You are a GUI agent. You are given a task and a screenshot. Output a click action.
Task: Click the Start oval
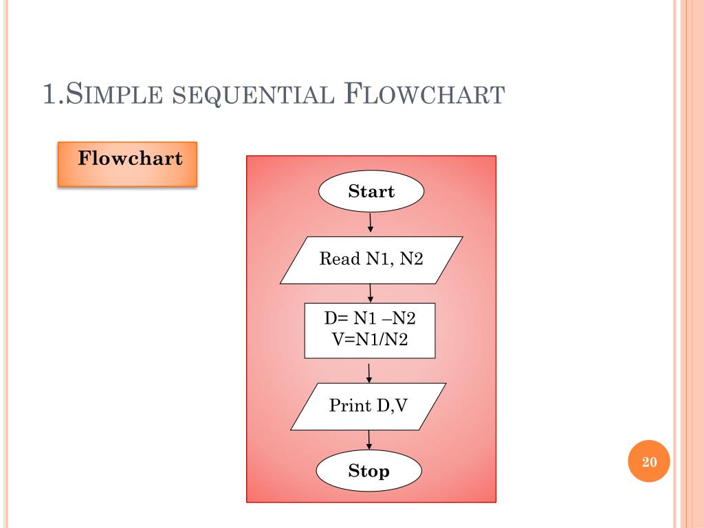click(371, 191)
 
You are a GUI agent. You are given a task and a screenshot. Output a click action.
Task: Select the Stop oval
click(368, 471)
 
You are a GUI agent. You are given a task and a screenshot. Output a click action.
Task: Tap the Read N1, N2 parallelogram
click(371, 259)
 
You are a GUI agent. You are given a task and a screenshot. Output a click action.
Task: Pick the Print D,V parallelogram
click(368, 406)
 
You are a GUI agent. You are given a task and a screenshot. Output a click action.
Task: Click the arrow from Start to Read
click(371, 223)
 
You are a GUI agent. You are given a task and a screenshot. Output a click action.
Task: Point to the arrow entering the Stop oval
click(369, 441)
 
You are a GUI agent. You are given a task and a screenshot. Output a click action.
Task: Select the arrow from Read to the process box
click(371, 293)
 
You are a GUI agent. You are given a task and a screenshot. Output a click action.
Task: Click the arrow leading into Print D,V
click(369, 372)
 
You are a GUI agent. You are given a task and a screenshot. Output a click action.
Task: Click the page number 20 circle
click(650, 462)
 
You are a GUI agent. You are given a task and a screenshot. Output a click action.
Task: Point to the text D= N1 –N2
click(370, 320)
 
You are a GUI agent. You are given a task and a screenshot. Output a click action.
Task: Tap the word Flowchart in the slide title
click(423, 94)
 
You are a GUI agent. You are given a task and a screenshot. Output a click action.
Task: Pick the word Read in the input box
click(340, 259)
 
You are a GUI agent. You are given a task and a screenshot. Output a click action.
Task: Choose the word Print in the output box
click(350, 406)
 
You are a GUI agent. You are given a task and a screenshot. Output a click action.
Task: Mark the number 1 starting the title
click(49, 94)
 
